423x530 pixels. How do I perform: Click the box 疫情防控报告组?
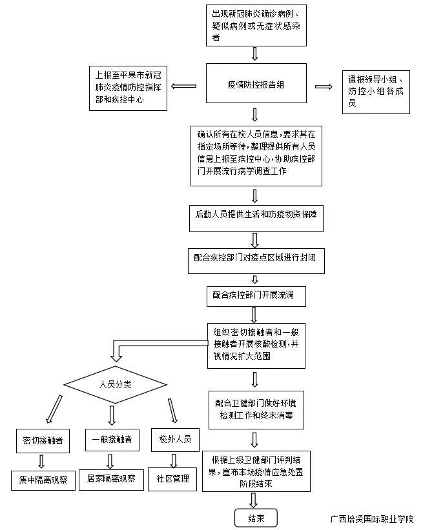coord(255,83)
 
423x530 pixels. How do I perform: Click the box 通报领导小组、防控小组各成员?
coord(376,91)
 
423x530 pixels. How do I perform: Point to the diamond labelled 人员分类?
coord(116,385)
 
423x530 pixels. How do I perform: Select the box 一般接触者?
coord(112,439)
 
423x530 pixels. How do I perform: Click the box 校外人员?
coord(175,439)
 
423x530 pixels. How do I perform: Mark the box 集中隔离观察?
coord(44,480)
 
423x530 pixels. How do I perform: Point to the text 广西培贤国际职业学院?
coord(371,519)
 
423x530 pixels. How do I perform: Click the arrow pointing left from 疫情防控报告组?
coord(183,85)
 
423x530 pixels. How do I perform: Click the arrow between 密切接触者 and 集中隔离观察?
coord(42,461)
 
